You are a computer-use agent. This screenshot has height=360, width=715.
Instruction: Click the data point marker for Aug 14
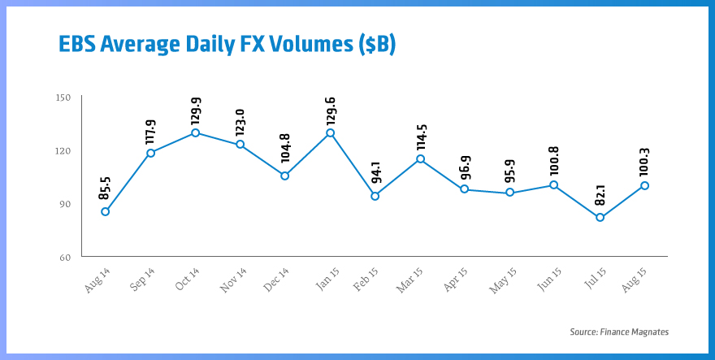coord(105,212)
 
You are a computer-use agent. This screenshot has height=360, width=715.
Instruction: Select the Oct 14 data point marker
coord(195,132)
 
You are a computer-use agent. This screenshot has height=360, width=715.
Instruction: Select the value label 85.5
coord(106,191)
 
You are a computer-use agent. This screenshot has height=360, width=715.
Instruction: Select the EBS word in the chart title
coord(79,45)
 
